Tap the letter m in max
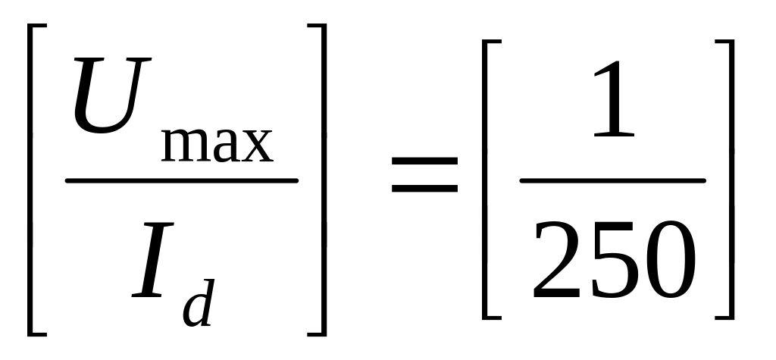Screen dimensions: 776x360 pos(183,145)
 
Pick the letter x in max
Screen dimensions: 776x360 pos(257,146)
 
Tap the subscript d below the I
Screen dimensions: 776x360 pos(199,302)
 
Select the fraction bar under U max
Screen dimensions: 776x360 pos(182,181)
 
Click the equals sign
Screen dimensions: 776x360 pos(425,173)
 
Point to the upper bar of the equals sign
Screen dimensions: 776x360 pos(425,161)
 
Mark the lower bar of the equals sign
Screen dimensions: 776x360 pos(425,186)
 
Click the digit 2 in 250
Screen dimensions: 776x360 pos(559,262)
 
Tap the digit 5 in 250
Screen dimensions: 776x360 pos(612,262)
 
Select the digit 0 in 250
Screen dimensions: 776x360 pos(667,262)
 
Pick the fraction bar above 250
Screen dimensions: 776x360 pos(612,181)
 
